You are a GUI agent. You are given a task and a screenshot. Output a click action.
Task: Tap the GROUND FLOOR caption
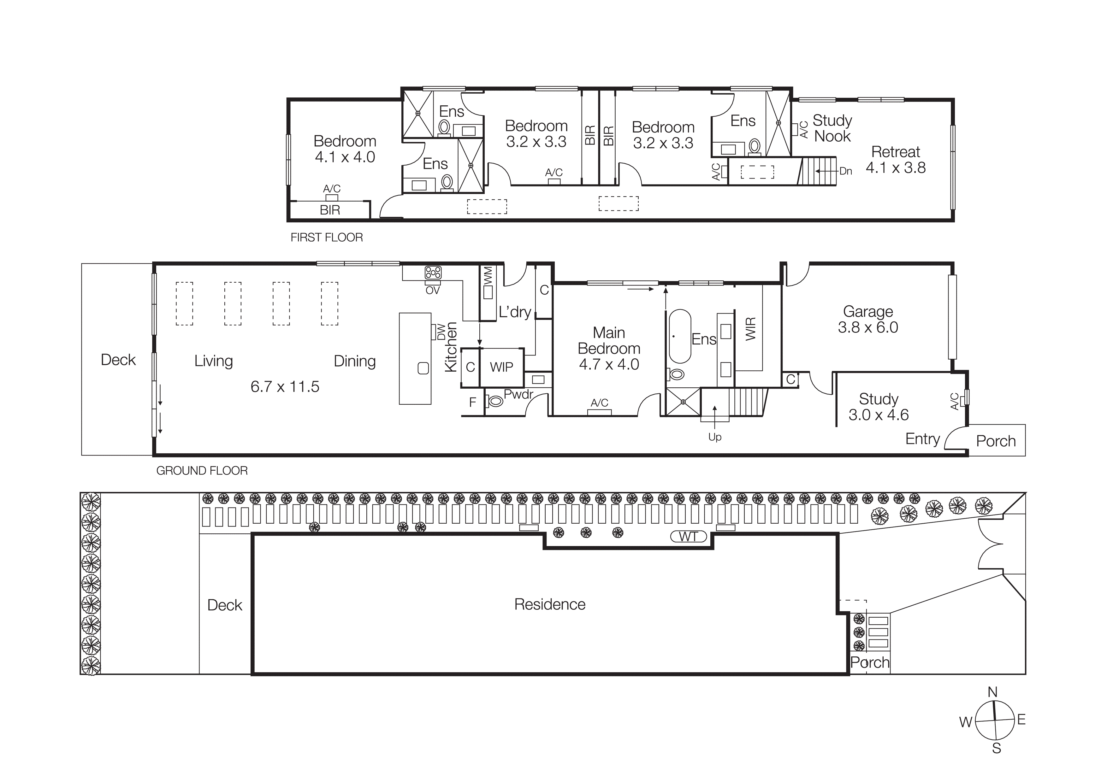(x=202, y=470)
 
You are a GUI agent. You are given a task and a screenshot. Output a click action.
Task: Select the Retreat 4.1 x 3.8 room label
(x=895, y=160)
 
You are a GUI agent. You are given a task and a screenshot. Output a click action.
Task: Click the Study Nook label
(x=832, y=128)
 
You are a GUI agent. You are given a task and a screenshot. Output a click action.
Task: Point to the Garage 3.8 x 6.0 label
(x=867, y=319)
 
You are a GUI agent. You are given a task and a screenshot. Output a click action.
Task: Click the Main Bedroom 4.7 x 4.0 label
(x=609, y=348)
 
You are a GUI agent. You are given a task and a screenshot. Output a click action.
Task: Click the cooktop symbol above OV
(x=433, y=273)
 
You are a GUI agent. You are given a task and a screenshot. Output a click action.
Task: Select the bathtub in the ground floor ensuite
(x=680, y=336)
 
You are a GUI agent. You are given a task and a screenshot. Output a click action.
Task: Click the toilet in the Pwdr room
(x=495, y=400)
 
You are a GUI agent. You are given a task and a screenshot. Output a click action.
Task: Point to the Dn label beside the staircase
(x=846, y=171)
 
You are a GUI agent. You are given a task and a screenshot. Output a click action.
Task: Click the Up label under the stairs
(x=714, y=437)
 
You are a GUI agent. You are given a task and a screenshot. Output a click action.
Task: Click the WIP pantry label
(x=501, y=367)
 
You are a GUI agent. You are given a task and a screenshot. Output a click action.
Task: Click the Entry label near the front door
(x=922, y=438)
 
